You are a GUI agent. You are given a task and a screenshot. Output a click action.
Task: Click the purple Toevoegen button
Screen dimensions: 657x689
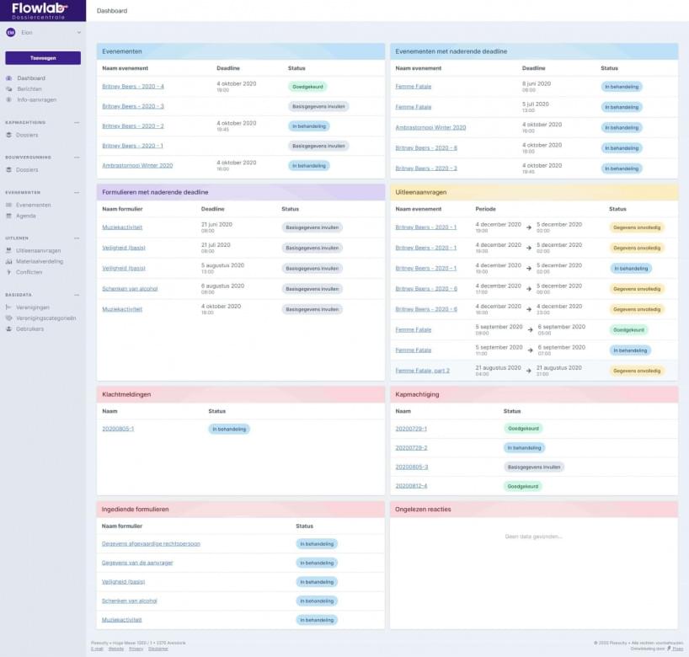[x=43, y=58]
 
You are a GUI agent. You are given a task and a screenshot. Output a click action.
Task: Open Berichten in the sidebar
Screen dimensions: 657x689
[x=29, y=88]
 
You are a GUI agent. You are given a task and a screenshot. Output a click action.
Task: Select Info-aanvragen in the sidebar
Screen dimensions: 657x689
[x=36, y=99]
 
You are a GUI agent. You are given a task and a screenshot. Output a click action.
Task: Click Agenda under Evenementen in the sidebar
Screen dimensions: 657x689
[x=26, y=216]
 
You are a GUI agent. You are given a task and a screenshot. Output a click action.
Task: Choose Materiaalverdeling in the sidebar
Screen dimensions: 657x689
[x=40, y=261]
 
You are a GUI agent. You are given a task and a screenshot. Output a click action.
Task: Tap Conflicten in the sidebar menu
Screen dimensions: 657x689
[x=29, y=272]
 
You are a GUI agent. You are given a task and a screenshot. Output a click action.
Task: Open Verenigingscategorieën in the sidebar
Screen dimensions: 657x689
[x=46, y=318]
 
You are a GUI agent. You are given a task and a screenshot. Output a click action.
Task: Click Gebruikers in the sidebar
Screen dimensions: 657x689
[x=30, y=328]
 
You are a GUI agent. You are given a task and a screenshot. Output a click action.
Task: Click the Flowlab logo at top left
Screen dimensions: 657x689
[x=40, y=9]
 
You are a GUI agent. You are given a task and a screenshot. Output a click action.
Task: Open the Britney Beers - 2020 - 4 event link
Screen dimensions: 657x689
[x=133, y=87]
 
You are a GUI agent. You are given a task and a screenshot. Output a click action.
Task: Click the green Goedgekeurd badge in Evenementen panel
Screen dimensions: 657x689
[x=307, y=87]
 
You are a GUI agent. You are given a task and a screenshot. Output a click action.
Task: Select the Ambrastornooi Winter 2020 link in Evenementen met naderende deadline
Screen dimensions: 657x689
[x=430, y=128]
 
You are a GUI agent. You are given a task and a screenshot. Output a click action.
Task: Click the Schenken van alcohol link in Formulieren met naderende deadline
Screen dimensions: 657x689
[x=130, y=289]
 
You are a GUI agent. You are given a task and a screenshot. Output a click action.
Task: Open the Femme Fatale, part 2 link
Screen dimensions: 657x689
[x=422, y=371]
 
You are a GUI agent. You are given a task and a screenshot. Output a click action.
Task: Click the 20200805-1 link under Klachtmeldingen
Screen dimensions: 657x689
[x=118, y=429]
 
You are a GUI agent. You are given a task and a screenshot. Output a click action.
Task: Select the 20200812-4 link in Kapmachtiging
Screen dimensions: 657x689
[x=411, y=486]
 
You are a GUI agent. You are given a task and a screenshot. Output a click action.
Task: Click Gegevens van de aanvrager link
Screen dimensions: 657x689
[x=137, y=563]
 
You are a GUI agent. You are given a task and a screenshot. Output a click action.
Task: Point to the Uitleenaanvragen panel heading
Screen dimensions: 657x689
[x=421, y=192]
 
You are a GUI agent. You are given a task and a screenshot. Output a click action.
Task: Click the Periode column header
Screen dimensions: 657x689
[x=486, y=209]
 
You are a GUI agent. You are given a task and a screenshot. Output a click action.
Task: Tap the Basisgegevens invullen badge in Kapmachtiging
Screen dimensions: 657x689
[x=534, y=467]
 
